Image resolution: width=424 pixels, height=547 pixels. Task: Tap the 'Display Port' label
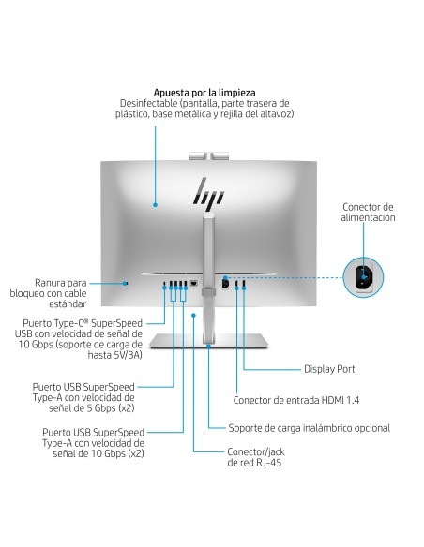pyautogui.click(x=328, y=369)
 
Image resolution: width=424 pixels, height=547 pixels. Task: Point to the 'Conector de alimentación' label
pyautogui.click(x=368, y=212)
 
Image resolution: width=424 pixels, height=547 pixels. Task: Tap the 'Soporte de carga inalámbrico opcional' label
pyautogui.click(x=310, y=428)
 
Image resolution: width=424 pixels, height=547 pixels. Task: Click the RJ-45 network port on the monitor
pyautogui.click(x=192, y=283)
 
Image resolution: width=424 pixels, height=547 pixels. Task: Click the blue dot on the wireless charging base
pyautogui.click(x=192, y=317)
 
